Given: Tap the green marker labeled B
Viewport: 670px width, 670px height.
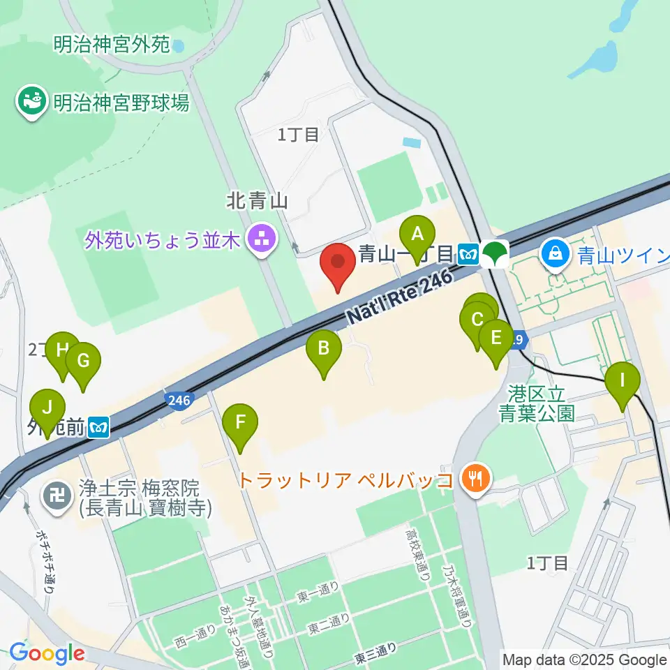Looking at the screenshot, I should click(324, 348).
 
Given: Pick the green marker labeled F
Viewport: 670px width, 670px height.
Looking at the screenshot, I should click(240, 423).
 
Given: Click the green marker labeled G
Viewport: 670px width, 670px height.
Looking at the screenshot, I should click(84, 362).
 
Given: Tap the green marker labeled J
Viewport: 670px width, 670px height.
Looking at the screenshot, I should click(47, 408).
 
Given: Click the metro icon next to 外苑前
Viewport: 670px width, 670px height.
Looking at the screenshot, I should click(100, 426).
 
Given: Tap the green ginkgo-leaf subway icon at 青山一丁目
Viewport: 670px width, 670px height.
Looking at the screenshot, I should click(496, 253).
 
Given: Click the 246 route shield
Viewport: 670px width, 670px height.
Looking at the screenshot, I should click(179, 400).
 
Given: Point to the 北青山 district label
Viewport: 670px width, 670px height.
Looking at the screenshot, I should click(257, 202).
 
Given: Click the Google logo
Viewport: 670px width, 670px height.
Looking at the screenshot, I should click(47, 654).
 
